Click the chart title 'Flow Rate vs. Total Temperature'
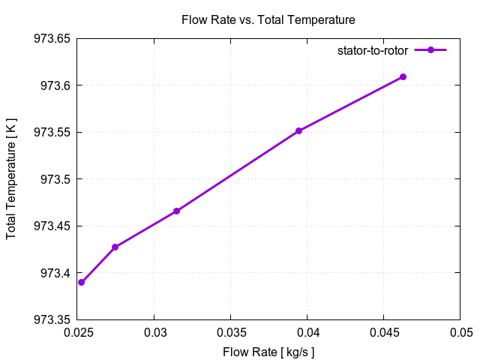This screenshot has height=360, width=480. [x=268, y=19]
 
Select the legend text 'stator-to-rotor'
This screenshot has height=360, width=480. [x=373, y=50]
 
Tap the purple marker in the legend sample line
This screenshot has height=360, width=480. [x=430, y=50]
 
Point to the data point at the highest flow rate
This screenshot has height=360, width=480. [x=403, y=76]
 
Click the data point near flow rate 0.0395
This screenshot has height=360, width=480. [x=298, y=130]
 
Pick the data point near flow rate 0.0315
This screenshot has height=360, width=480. [x=176, y=211]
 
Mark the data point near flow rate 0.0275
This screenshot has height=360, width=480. [x=115, y=247]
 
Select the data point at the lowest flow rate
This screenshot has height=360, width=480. [x=81, y=282]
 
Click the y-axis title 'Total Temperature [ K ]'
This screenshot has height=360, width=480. [x=11, y=179]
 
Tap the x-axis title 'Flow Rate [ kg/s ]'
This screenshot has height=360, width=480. [x=268, y=351]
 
